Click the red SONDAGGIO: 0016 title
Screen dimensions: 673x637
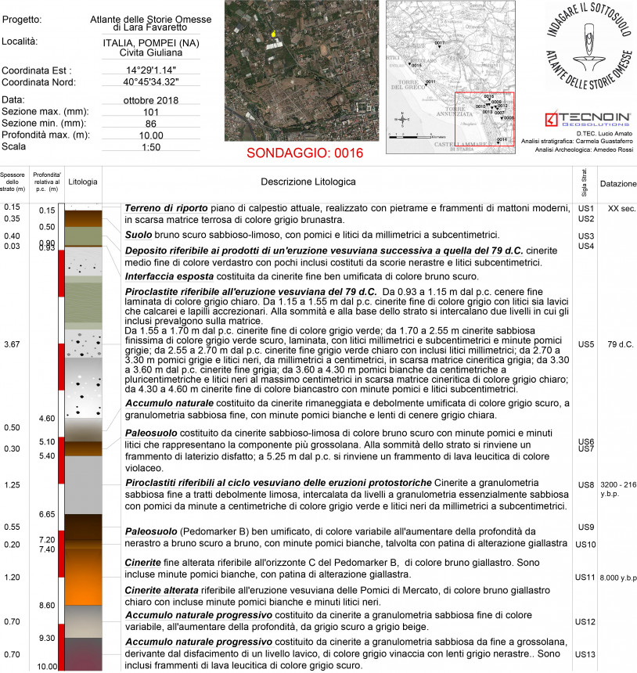click(x=304, y=152)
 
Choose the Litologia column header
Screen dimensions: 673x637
click(x=83, y=182)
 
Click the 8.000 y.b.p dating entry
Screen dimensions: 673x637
click(x=618, y=578)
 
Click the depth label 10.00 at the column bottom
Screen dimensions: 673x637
click(x=48, y=667)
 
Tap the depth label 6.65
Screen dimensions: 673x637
click(x=47, y=514)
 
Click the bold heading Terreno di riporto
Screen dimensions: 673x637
click(x=166, y=210)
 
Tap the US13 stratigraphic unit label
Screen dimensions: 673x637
click(x=586, y=653)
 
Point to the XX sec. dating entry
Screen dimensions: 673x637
click(x=618, y=209)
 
